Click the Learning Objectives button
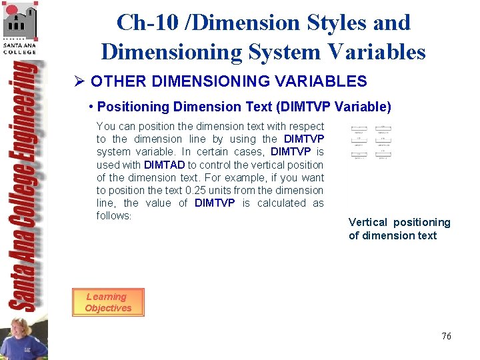coord(107,302)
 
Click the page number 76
coord(446,336)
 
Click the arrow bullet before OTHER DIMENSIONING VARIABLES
coord(79,81)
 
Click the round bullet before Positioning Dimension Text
coord(90,107)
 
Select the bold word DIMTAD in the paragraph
coord(164,165)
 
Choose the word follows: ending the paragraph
coord(114,215)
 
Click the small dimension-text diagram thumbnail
coord(371,142)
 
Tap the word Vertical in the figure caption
coord(368,222)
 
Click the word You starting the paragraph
coord(105,126)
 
